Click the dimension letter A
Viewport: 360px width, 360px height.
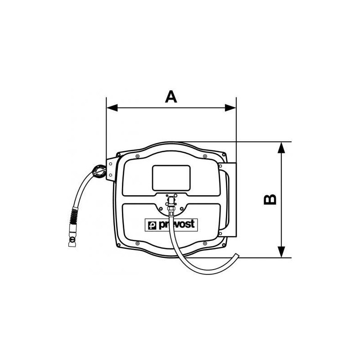171,97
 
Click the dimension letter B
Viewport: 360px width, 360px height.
270,200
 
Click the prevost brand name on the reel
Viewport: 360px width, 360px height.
175,224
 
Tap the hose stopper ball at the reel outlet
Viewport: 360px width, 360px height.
99,171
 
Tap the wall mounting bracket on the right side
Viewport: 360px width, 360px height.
227,200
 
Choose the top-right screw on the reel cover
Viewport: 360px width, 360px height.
205,157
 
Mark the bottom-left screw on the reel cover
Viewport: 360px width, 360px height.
137,244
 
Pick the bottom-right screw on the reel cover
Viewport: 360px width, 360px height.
205,244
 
